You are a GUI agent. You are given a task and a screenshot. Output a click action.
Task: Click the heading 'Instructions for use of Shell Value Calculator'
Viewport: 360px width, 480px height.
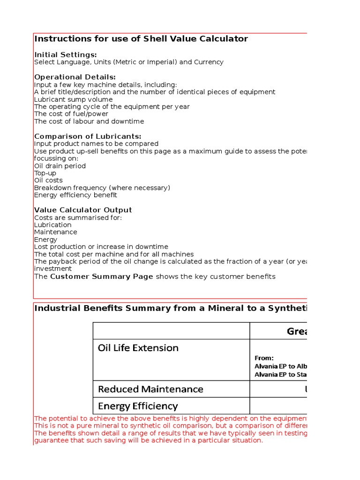141,39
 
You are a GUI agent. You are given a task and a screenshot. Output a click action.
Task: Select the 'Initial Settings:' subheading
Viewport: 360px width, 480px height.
66,55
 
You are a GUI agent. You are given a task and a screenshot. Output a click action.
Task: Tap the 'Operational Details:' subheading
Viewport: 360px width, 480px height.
75,77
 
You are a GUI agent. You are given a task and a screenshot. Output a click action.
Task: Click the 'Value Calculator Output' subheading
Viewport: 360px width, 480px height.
83,210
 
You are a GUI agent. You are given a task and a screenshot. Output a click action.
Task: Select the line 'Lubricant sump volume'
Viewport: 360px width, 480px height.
73,99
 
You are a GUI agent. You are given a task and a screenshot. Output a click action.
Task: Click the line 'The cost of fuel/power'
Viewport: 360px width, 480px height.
71,114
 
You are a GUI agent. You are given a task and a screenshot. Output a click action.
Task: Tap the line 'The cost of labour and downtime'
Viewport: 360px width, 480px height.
89,121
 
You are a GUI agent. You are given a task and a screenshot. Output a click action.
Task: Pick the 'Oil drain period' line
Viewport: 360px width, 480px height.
60,166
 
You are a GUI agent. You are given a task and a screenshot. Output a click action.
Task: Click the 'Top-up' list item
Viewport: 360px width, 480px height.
45,173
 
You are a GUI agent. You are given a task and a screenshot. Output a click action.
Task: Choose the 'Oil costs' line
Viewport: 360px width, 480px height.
48,180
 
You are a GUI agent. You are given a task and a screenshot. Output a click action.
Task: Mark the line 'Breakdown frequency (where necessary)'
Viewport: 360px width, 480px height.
102,188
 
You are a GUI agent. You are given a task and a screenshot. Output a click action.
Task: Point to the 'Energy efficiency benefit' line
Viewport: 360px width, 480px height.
75,195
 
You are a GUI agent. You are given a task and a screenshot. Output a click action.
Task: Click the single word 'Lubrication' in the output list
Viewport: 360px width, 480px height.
53,225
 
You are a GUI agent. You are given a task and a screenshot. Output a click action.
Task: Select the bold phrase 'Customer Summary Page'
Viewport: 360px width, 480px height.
102,277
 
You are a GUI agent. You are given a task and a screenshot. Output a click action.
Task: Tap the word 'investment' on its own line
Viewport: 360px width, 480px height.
53,269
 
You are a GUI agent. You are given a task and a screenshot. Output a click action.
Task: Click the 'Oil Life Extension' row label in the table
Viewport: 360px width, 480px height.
138,348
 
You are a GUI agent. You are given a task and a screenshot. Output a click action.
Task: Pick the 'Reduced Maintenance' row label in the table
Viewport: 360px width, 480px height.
150,389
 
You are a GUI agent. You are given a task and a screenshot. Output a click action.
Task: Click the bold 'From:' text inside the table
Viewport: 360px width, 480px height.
264,358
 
